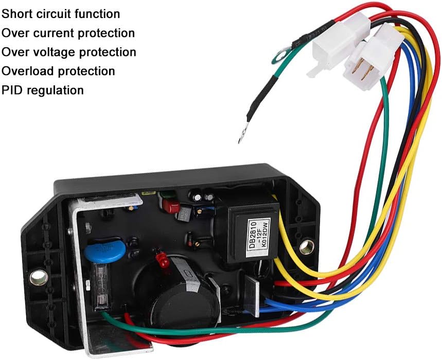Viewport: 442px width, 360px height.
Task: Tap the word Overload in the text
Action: pos(26,71)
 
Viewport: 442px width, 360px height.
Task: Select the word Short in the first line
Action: pos(15,14)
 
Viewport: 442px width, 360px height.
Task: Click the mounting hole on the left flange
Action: pos(37,278)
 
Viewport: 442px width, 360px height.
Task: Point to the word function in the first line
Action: pos(98,14)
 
